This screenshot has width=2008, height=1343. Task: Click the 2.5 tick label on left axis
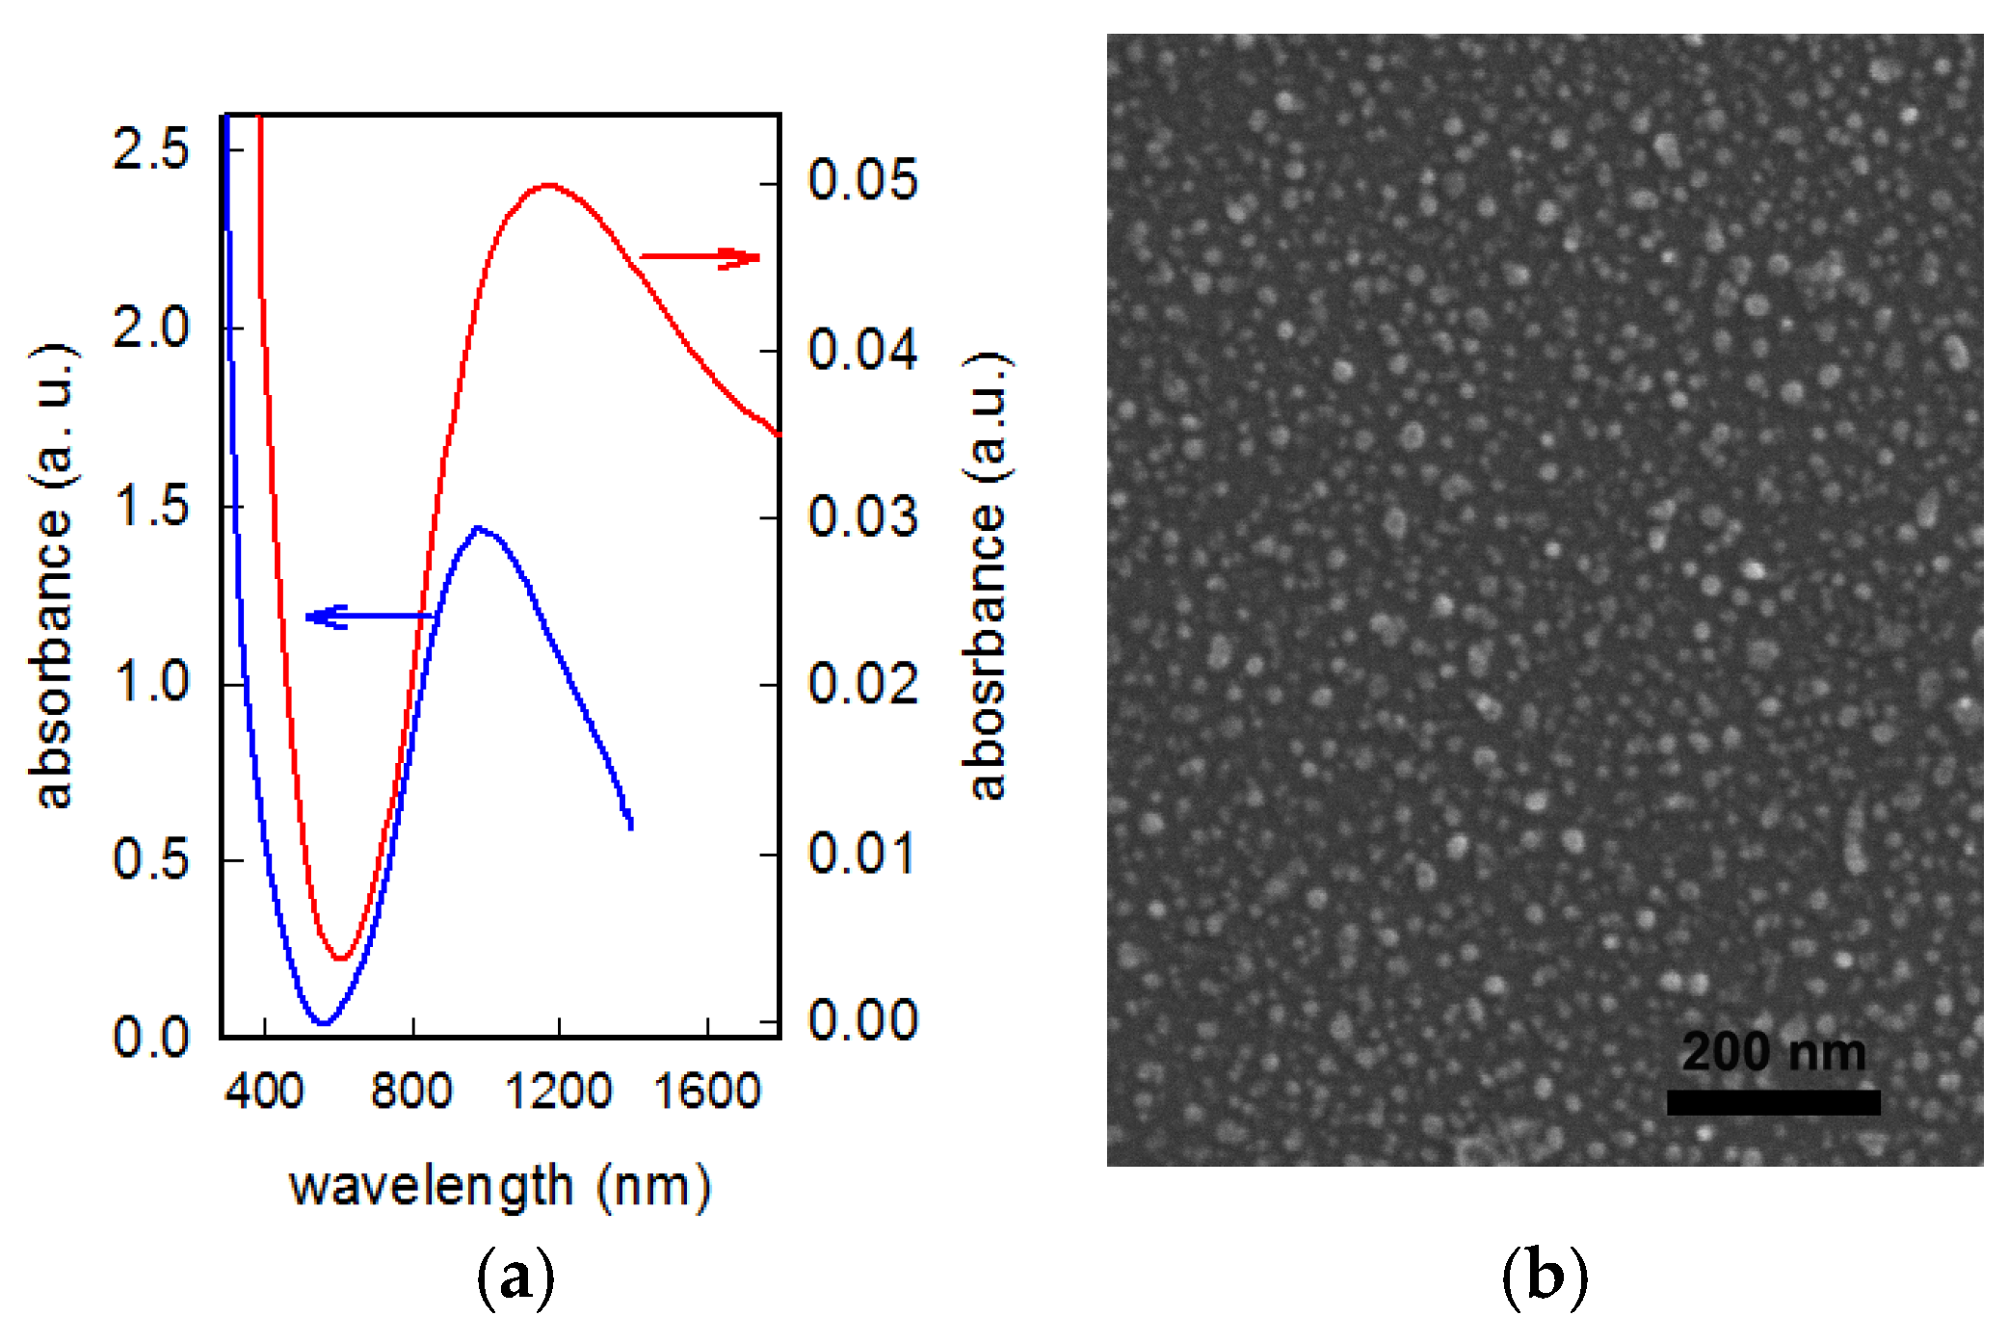[151, 149]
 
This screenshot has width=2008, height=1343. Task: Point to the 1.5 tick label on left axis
[151, 506]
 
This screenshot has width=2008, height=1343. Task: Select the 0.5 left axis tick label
[151, 858]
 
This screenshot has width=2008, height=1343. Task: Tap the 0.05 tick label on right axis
[862, 180]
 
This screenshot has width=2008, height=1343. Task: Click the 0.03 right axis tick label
[862, 517]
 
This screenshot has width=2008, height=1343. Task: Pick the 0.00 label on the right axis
[862, 1020]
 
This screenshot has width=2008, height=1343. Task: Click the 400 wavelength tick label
[264, 1092]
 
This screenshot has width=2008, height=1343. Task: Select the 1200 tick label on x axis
[558, 1092]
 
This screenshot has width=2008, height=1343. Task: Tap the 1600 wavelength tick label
[707, 1092]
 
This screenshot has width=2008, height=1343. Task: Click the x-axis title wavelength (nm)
[500, 1186]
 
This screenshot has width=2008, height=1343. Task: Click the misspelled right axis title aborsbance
[987, 576]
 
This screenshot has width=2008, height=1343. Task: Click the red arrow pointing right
[700, 257]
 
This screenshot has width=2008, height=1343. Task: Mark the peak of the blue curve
[478, 528]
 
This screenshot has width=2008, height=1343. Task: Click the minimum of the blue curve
[324, 1022]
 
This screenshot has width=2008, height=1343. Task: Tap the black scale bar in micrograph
[1773, 1102]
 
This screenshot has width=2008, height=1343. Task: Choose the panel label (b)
[1545, 1277]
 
